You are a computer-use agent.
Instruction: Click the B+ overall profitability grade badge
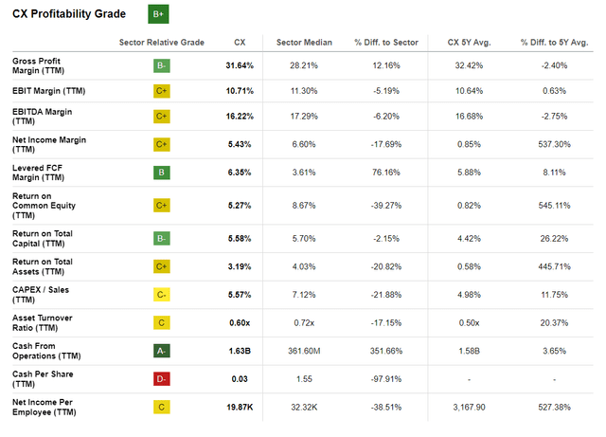tap(158, 14)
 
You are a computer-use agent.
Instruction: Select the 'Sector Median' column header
tap(304, 43)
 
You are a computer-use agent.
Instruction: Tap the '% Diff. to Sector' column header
tap(386, 43)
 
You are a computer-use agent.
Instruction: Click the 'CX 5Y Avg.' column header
tap(470, 43)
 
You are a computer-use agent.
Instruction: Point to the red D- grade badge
tap(162, 379)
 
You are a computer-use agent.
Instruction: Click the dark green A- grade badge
tap(162, 351)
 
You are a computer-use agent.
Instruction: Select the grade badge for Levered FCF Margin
tap(162, 173)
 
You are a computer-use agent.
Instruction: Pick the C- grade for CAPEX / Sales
tap(162, 295)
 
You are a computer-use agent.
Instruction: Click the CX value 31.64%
tap(240, 65)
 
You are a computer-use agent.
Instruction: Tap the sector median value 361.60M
tap(304, 351)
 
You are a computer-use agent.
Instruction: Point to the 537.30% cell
tap(554, 144)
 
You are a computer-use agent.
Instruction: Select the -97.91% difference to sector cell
tap(386, 379)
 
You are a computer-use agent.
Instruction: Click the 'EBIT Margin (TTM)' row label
tap(48, 91)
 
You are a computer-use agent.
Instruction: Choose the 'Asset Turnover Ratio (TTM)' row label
tap(43, 323)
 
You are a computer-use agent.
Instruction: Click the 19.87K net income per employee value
tap(240, 408)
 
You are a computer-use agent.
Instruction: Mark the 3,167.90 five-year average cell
tap(470, 408)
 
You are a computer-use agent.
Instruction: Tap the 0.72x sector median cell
tap(304, 323)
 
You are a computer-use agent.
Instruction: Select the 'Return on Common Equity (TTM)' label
tap(44, 206)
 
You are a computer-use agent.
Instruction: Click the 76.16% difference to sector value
tap(386, 173)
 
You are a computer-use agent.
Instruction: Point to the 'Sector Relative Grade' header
tap(162, 43)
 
